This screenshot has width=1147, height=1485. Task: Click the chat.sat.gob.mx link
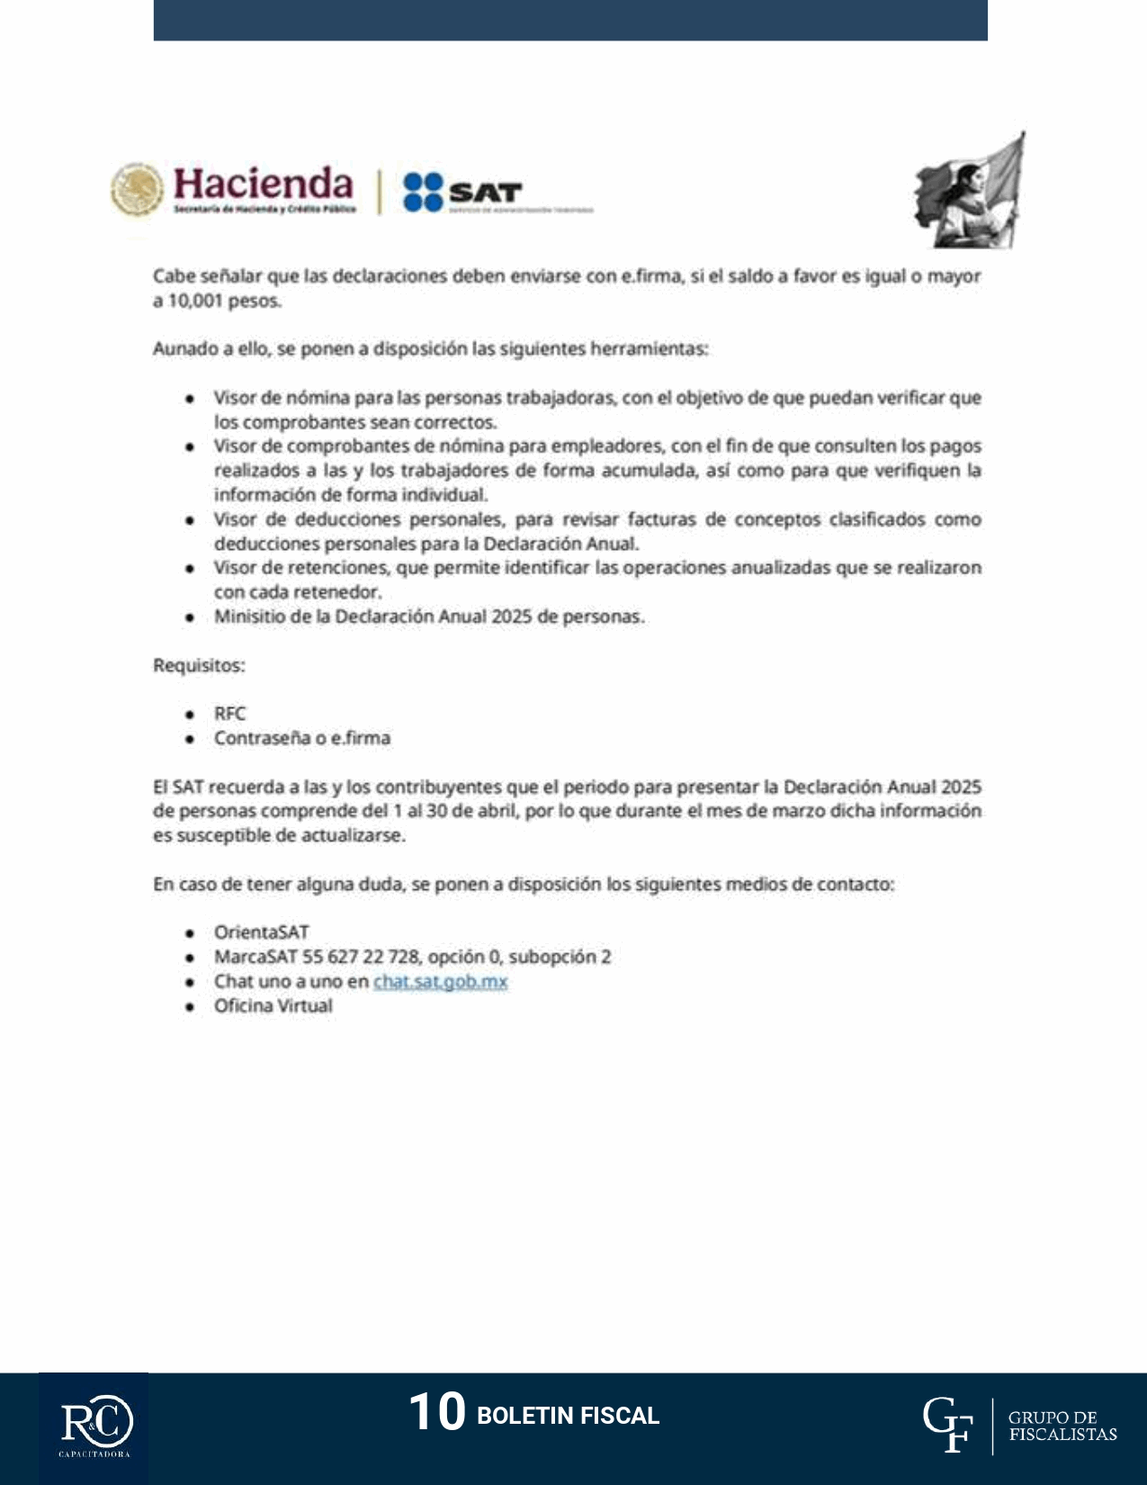[x=440, y=981]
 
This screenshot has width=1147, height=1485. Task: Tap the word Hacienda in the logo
[x=263, y=184]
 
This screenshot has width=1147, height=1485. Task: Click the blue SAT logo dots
[x=423, y=192]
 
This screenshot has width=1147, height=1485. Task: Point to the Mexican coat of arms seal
[x=137, y=189]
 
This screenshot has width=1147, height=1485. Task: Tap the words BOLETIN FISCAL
[x=568, y=1416]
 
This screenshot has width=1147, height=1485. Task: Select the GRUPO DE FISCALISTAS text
[x=1062, y=1426]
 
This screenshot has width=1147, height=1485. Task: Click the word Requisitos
[x=199, y=665]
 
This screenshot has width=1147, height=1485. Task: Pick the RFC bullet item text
[x=229, y=714]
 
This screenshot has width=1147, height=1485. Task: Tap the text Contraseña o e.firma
[x=301, y=738]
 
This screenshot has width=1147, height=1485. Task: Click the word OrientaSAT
[x=261, y=932]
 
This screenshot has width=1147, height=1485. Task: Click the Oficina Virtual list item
[x=273, y=1005]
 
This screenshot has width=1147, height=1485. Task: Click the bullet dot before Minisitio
[x=190, y=617]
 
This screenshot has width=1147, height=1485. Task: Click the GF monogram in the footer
[x=947, y=1425]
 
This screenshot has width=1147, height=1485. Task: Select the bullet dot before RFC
[x=190, y=715]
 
